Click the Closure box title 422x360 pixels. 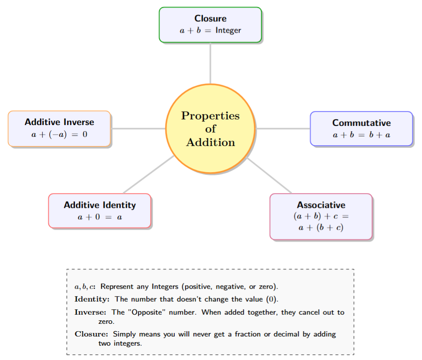click(x=210, y=19)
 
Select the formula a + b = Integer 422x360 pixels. click(x=210, y=31)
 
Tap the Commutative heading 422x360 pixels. click(x=361, y=123)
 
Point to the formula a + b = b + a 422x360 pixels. click(x=361, y=135)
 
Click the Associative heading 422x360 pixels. click(x=321, y=205)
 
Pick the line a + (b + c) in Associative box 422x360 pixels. click(x=321, y=227)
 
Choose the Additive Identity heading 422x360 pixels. click(x=99, y=205)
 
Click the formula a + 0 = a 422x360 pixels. click(x=99, y=217)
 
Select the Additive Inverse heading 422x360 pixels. click(x=59, y=122)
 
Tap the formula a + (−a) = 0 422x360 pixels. click(x=59, y=134)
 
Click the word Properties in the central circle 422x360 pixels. click(x=210, y=116)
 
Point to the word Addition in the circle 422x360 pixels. click(x=210, y=143)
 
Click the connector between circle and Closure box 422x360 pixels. click(x=210, y=63)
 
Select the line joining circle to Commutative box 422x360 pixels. click(x=282, y=129)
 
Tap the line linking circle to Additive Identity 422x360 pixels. click(x=148, y=175)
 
